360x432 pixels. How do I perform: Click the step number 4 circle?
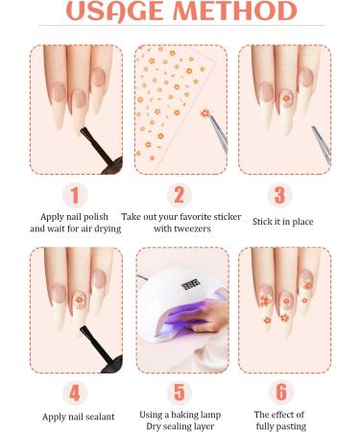[75, 393]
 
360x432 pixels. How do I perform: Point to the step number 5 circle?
[180, 393]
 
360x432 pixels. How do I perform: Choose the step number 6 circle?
[279, 393]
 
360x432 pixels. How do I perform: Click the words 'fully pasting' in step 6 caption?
[279, 426]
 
